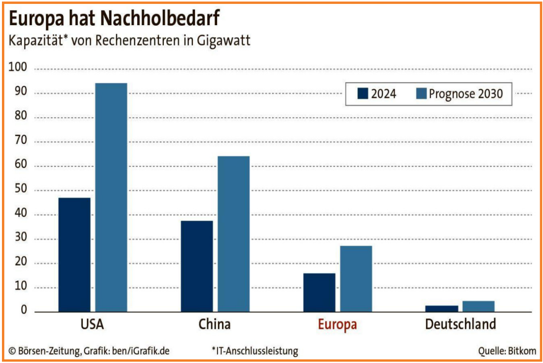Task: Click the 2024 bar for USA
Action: (x=74, y=254)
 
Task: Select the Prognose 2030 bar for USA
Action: (x=111, y=197)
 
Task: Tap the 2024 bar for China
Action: (x=196, y=266)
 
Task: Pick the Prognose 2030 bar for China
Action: (x=233, y=234)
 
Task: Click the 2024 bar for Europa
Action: (x=319, y=292)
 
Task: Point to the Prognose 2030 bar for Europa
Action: (x=356, y=279)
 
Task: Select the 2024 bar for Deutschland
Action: (x=442, y=308)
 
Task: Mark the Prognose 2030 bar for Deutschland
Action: (x=478, y=306)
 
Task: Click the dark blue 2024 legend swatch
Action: (x=363, y=94)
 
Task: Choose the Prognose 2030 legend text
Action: (x=465, y=94)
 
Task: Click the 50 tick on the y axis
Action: (x=21, y=190)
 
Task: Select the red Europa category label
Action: (x=337, y=325)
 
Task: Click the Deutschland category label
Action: (x=460, y=324)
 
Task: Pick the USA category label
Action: (x=93, y=324)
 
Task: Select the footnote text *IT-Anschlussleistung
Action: (x=255, y=350)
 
